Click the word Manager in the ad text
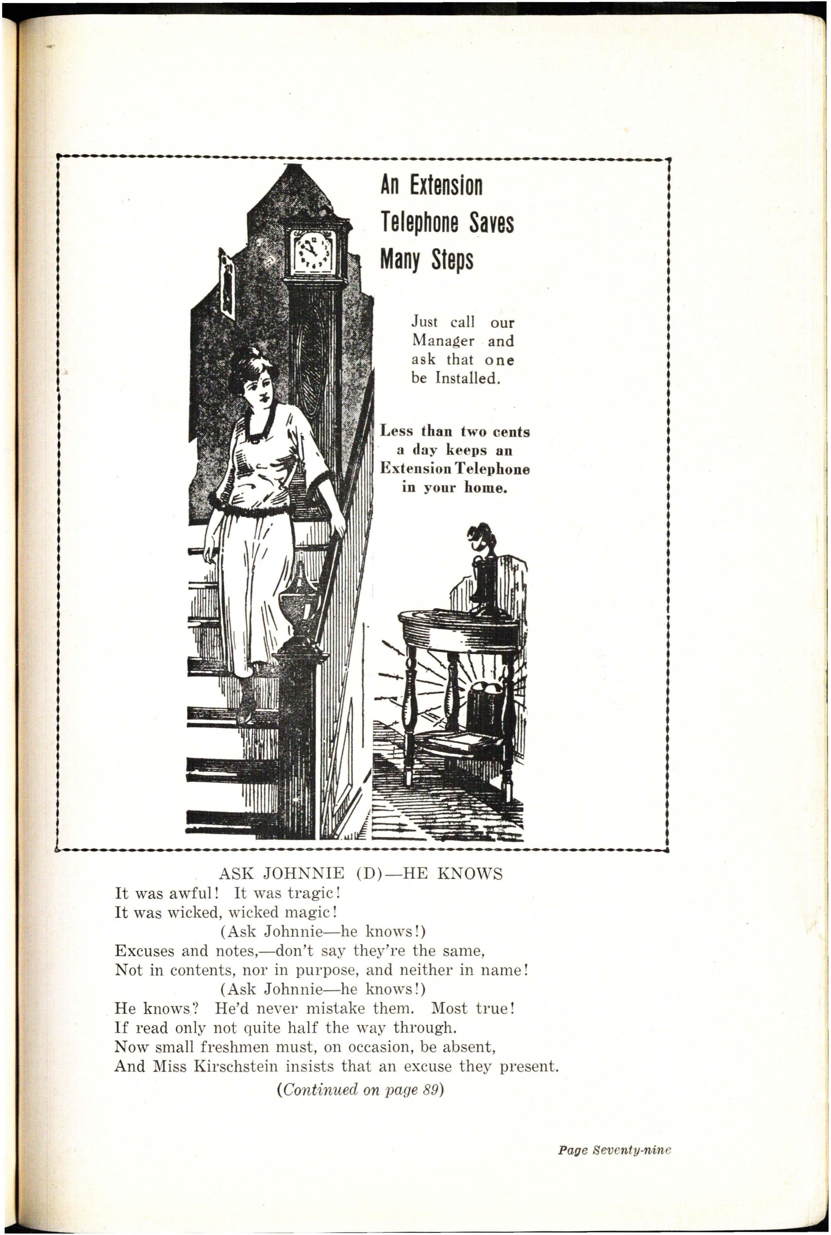443,341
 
